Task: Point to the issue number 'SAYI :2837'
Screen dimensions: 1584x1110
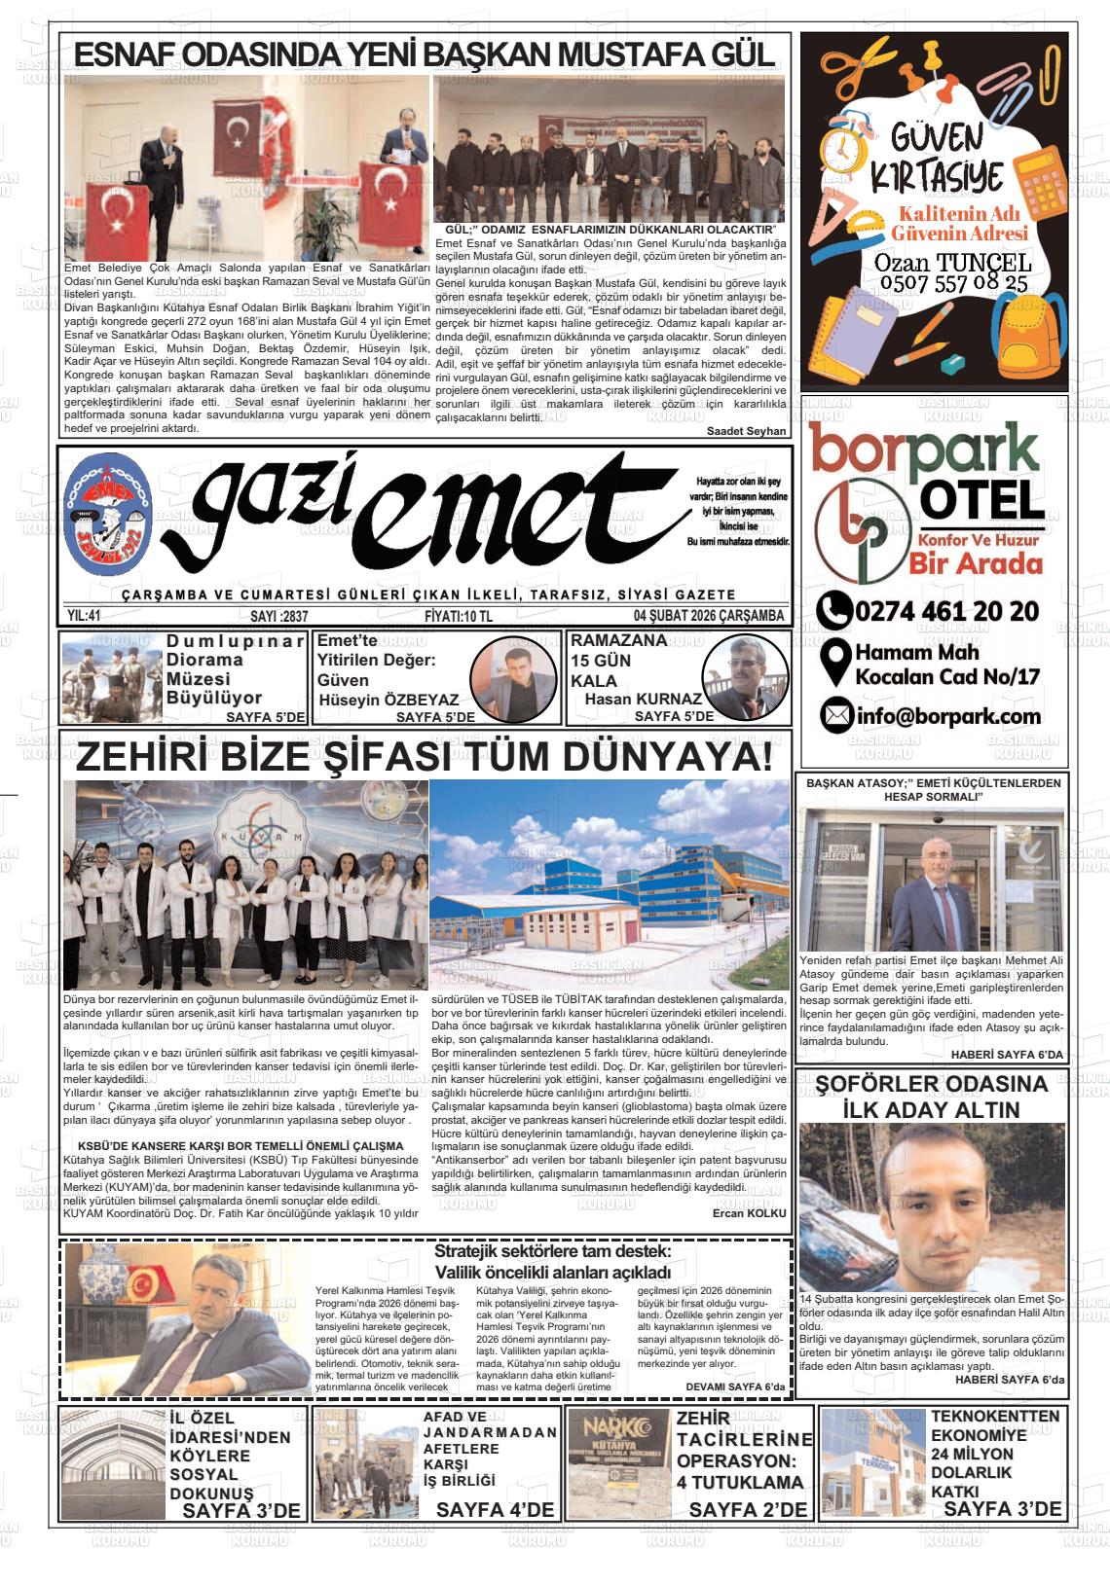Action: [278, 616]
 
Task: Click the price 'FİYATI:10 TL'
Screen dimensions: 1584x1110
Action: [459, 616]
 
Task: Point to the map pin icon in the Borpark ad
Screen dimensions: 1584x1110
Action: [833, 663]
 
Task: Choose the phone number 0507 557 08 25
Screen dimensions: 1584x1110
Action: [938, 284]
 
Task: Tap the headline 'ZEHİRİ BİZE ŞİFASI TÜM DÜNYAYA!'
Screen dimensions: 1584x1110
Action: [425, 758]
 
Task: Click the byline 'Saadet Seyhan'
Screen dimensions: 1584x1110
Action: [746, 431]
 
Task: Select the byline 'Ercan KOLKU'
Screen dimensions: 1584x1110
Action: [749, 1213]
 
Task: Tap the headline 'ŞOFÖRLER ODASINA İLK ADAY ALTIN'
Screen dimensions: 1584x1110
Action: [932, 1097]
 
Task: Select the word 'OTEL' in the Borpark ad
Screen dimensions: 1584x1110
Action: [980, 502]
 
